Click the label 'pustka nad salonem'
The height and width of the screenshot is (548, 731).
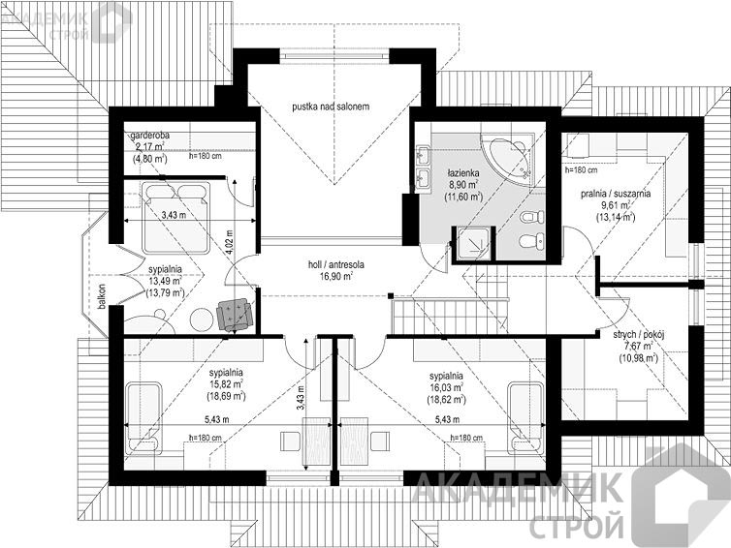click(x=331, y=107)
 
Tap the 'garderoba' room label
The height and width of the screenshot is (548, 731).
click(x=149, y=136)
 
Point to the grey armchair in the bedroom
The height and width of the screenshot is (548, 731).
click(x=235, y=315)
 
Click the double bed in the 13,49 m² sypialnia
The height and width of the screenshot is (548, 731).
click(x=176, y=218)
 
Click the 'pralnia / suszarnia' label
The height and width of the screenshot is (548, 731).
click(x=616, y=194)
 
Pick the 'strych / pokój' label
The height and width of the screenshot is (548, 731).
click(x=638, y=334)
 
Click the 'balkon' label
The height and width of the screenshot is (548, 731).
click(x=102, y=296)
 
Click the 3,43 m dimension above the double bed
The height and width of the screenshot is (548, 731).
click(x=174, y=215)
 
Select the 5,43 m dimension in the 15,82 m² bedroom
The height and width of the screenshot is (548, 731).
click(x=217, y=419)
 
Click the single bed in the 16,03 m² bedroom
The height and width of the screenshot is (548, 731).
click(x=525, y=417)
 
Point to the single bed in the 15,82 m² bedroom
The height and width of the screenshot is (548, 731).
click(x=144, y=418)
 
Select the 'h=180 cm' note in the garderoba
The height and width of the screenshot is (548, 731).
click(x=206, y=157)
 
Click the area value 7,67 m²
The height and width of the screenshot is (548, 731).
click(x=638, y=347)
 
